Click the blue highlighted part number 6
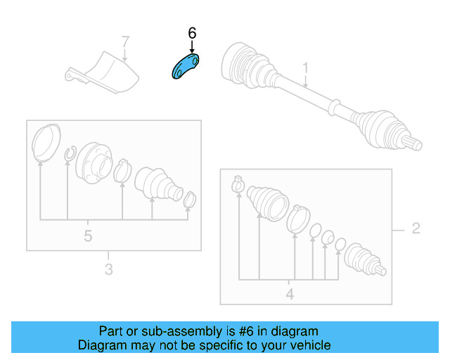coord(185,67)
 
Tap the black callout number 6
coord(192,33)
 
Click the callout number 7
coord(125,41)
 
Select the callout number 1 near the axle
coord(306,68)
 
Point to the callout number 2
coord(416,229)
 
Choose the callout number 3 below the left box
coord(109,269)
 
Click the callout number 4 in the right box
coord(290,295)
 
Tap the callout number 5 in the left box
coord(88,236)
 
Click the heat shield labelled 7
coord(103,73)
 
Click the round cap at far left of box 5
coord(46,142)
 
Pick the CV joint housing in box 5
coord(94,162)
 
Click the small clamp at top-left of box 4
coord(238,184)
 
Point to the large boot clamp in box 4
coord(298,219)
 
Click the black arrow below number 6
coord(192,47)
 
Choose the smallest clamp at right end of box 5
coord(190,200)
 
